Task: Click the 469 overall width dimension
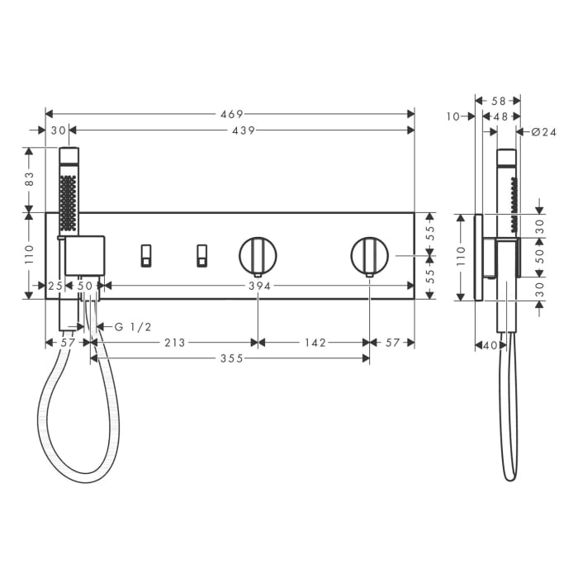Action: [232, 114]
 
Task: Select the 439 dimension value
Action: [243, 130]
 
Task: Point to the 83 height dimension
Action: [30, 177]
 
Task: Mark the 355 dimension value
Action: [231, 358]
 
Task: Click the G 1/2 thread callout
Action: [133, 327]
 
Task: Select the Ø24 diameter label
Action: [544, 131]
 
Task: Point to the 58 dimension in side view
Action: [498, 101]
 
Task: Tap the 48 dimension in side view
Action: [500, 117]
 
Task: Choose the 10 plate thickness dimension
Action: [452, 117]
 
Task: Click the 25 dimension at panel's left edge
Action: [55, 286]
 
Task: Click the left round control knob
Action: [258, 255]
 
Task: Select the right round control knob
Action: [369, 255]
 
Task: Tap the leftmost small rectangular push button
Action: [146, 255]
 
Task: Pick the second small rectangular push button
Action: [201, 255]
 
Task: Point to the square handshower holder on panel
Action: [84, 256]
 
